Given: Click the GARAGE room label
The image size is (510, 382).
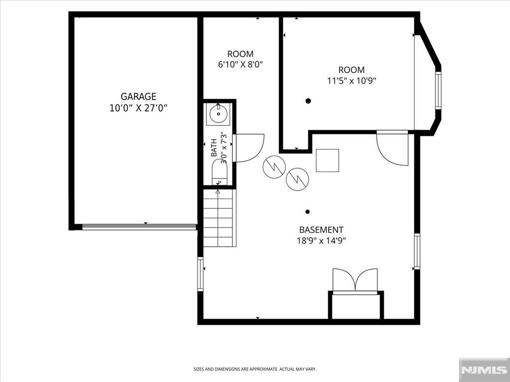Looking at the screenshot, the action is (138, 96).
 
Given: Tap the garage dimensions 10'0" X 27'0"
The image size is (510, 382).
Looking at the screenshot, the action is (138, 108).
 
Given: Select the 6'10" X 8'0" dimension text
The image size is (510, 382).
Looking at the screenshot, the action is (240, 65).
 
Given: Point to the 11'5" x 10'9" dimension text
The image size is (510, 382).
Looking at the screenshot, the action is (351, 81).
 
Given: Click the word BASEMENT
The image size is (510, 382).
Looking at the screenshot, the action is (321, 230).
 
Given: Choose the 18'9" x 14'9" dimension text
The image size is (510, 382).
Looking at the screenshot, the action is (321, 241).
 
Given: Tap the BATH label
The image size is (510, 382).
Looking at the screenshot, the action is (214, 147).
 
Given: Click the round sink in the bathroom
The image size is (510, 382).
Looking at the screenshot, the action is (218, 114).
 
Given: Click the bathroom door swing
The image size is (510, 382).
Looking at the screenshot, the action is (249, 148).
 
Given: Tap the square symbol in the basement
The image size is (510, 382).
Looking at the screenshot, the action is (328, 160).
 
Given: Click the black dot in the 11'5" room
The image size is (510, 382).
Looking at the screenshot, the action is (308, 101).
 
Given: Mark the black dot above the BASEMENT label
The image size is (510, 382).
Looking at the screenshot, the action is (307, 212).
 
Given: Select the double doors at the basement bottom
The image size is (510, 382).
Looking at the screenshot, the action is (355, 281).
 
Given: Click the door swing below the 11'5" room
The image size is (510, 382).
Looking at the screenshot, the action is (392, 148).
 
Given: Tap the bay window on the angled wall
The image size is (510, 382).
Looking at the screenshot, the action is (438, 91).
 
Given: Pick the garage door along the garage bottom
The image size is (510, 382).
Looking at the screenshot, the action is (139, 227).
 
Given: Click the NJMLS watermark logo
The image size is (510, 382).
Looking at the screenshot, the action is (484, 370).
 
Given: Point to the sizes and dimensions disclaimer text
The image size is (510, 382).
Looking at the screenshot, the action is (255, 369).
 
